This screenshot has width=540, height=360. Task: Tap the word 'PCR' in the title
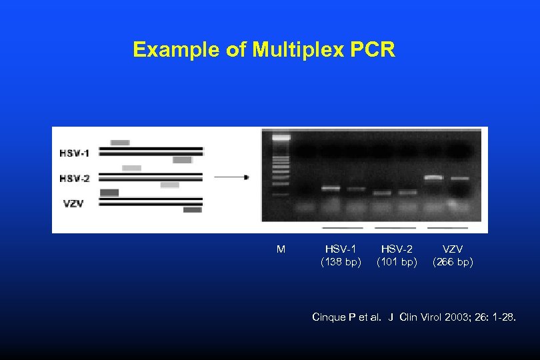(x=375, y=50)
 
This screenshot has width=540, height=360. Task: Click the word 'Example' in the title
(x=177, y=50)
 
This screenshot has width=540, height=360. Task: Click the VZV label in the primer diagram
(x=74, y=203)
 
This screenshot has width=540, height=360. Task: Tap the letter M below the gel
(x=281, y=249)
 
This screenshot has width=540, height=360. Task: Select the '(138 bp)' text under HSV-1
(x=341, y=262)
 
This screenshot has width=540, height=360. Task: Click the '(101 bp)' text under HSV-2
(x=397, y=262)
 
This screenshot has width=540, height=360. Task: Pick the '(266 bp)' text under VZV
(x=453, y=262)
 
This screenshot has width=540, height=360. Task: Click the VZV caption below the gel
(x=453, y=249)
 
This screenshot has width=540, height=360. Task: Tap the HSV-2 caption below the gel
(x=397, y=249)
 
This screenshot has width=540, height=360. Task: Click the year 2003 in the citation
(x=459, y=317)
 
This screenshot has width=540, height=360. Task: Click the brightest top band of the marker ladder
(x=281, y=137)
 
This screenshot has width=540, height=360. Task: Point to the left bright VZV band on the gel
(x=434, y=177)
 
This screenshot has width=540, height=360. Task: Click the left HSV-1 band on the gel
(x=331, y=189)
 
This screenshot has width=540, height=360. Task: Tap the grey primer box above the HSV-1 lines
(x=120, y=142)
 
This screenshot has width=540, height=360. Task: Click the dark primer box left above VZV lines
(x=109, y=193)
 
